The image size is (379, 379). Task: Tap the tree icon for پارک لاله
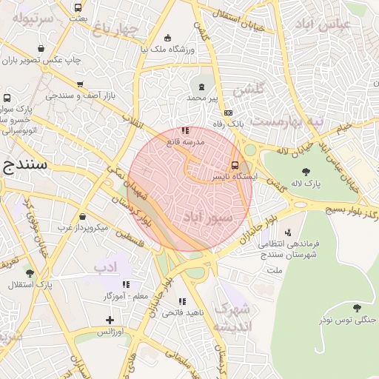tap(306, 172)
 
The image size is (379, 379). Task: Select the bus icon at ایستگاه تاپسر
tap(235, 165)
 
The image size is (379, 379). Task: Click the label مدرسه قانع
tap(184, 141)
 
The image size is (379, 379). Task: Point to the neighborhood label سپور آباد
tap(207, 217)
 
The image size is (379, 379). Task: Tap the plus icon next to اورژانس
tap(110, 320)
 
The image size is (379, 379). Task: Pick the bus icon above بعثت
tap(78, 7)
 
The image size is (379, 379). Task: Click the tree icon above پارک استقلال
tap(30, 273)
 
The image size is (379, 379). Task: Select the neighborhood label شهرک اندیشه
tap(232, 318)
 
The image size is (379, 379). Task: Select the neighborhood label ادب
tap(105, 265)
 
